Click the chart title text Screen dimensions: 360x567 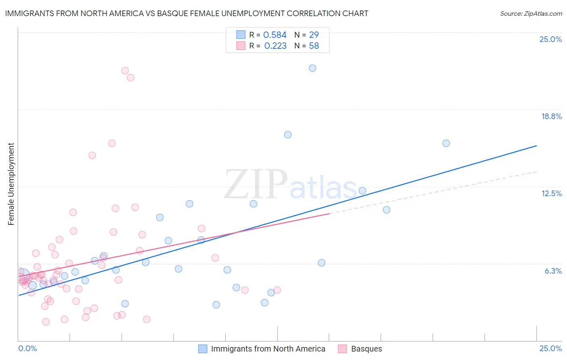click(186, 13)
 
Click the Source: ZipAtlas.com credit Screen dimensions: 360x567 click(531, 13)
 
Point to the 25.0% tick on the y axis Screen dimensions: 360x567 click(550, 39)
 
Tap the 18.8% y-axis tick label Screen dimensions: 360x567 click(551, 116)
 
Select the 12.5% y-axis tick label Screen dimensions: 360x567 click(551, 193)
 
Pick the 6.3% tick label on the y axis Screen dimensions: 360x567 click(553, 271)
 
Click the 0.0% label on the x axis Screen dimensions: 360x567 click(27, 348)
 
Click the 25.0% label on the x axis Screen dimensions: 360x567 click(550, 348)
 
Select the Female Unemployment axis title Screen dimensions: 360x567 click(11, 184)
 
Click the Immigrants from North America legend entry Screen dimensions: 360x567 click(268, 349)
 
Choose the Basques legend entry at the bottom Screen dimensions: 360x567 click(366, 349)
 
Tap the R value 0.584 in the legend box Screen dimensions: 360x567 click(275, 35)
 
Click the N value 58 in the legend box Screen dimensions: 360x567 click(314, 46)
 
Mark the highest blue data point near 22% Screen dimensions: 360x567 click(313, 68)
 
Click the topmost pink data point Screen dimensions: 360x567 click(125, 71)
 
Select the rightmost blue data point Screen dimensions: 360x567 click(446, 143)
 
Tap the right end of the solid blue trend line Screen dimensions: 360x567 click(536, 146)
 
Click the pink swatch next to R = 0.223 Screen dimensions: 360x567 click(241, 46)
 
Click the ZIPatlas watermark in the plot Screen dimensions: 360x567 click(290, 185)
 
